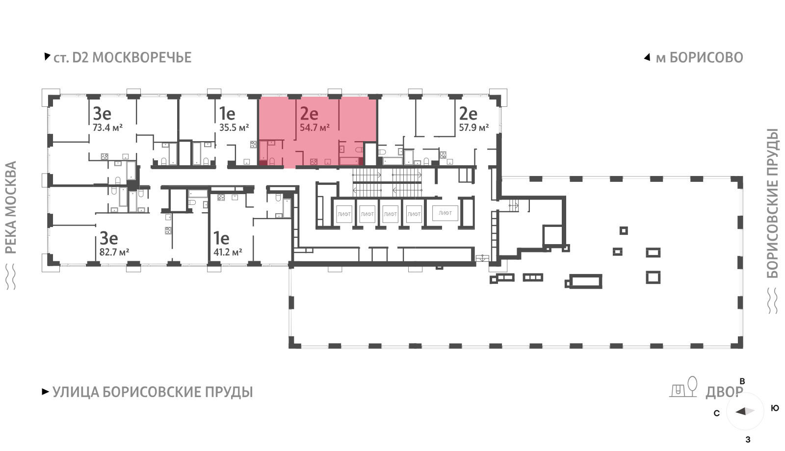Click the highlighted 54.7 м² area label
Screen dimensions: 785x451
tap(314, 128)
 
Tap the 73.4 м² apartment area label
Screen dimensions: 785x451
tap(107, 127)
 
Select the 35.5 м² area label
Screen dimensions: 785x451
tap(234, 127)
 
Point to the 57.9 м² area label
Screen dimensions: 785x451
tap(474, 127)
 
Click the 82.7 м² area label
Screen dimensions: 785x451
tap(114, 252)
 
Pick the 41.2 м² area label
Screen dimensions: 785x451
tap(228, 252)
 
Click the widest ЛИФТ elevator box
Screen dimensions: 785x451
tap(445, 213)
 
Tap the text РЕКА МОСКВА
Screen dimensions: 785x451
tap(11, 207)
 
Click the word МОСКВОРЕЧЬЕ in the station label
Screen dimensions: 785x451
tap(142, 58)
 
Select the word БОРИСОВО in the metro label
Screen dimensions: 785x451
tap(706, 58)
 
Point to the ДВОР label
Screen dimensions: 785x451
tap(724, 392)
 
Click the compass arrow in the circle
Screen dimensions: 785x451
tap(745, 411)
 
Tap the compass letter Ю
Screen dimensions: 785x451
tap(775, 408)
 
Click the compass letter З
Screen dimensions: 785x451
tap(748, 440)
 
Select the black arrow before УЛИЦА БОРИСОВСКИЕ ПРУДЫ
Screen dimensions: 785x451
tap(45, 392)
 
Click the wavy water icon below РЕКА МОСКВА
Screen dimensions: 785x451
tap(11, 277)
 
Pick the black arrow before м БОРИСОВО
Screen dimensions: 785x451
tap(647, 57)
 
